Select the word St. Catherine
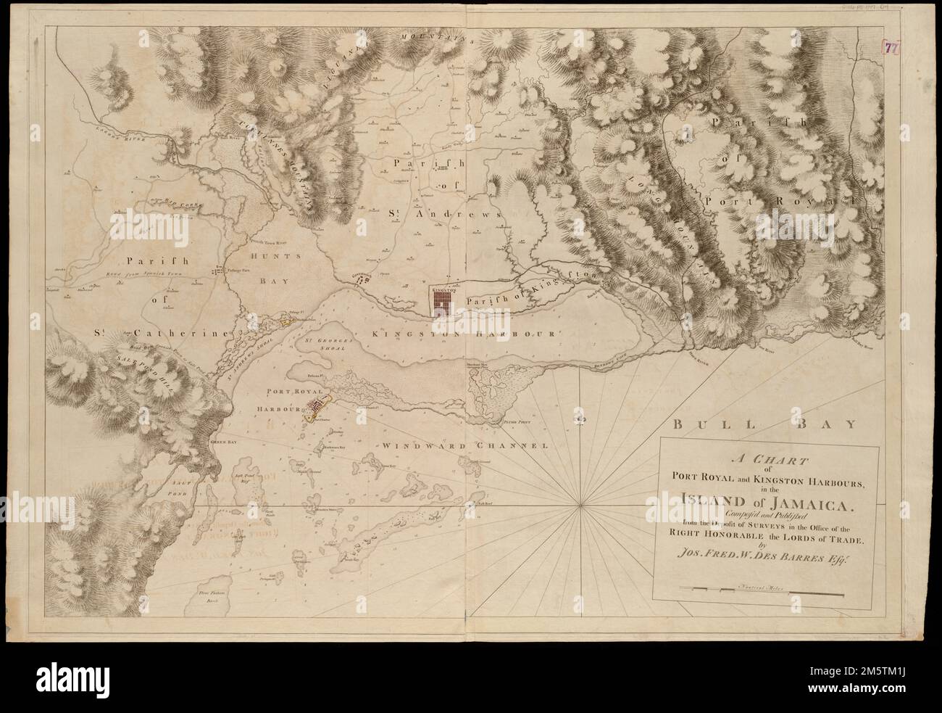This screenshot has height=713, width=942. tap(169, 333)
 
